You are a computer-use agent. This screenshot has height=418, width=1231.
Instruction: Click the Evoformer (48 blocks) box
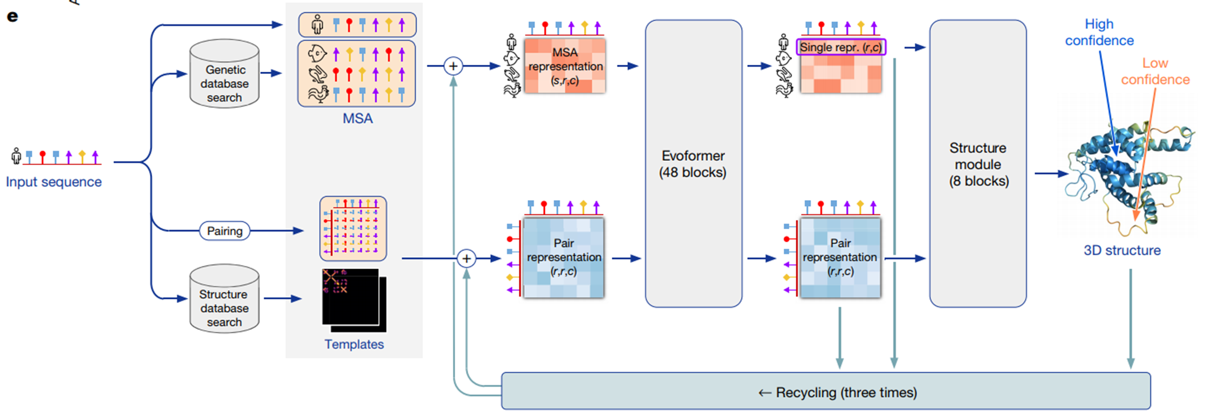pos(693,163)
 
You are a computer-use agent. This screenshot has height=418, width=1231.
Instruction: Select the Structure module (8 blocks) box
pos(977,163)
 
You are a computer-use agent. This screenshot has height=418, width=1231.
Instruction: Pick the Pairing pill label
pos(224,231)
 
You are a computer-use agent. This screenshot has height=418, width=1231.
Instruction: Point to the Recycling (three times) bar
pos(825,391)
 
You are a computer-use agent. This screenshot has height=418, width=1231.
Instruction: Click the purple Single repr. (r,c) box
pos(840,47)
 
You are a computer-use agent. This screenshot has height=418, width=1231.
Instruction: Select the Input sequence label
pos(53,182)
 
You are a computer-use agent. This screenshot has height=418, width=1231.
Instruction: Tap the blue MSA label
pos(357,119)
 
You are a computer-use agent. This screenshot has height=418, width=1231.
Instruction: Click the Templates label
pos(354,344)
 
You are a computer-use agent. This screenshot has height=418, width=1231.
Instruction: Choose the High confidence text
pos(1099,32)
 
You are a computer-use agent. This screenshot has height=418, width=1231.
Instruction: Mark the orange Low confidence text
pos(1155,71)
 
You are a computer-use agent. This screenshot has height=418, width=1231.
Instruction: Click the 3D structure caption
pos(1122,250)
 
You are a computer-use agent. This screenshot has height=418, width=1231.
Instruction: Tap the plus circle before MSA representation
pos(453,66)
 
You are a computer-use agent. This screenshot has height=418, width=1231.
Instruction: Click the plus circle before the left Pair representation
pos(466,258)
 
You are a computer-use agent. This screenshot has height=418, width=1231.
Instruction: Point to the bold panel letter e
pos(12,16)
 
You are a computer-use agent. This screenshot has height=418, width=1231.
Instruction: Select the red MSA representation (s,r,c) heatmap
pos(565,66)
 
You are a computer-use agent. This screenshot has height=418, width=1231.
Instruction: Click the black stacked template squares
pos(353,300)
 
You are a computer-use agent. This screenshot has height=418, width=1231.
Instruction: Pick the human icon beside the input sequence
pos(16,156)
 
